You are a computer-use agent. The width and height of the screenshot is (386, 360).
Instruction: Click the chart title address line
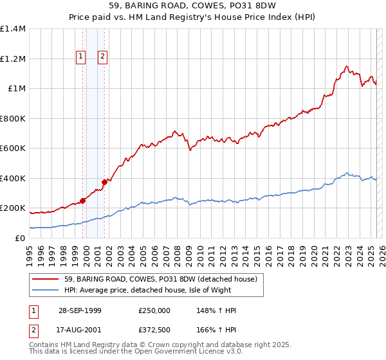coord(193,6)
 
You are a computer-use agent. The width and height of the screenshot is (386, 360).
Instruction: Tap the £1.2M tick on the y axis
coord(13,59)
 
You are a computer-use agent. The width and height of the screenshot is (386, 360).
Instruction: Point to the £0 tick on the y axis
coord(21,238)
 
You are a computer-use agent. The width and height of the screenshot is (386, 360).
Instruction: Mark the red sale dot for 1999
coord(83,201)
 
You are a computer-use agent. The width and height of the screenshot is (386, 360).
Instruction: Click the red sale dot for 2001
coord(104,182)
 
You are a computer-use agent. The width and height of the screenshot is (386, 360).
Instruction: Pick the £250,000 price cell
coord(154,310)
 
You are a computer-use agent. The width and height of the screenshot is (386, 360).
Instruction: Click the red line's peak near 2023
coord(347,66)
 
